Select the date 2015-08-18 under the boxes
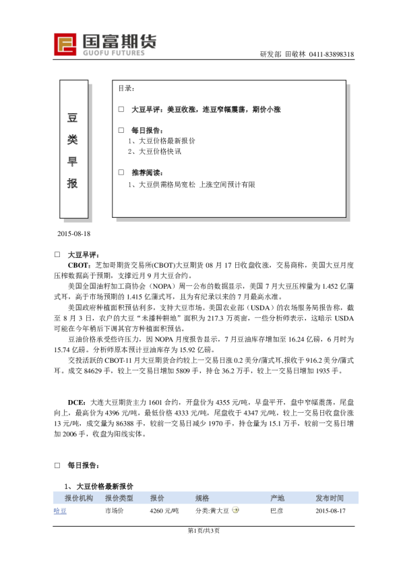click(x=73, y=233)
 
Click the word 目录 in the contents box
click(x=126, y=89)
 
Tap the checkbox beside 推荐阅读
click(x=121, y=173)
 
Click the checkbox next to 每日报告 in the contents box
click(x=121, y=130)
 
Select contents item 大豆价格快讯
click(x=158, y=152)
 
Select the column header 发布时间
click(x=330, y=498)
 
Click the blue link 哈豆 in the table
click(x=60, y=511)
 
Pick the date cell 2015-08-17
click(x=330, y=511)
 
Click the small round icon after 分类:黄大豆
click(x=235, y=511)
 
